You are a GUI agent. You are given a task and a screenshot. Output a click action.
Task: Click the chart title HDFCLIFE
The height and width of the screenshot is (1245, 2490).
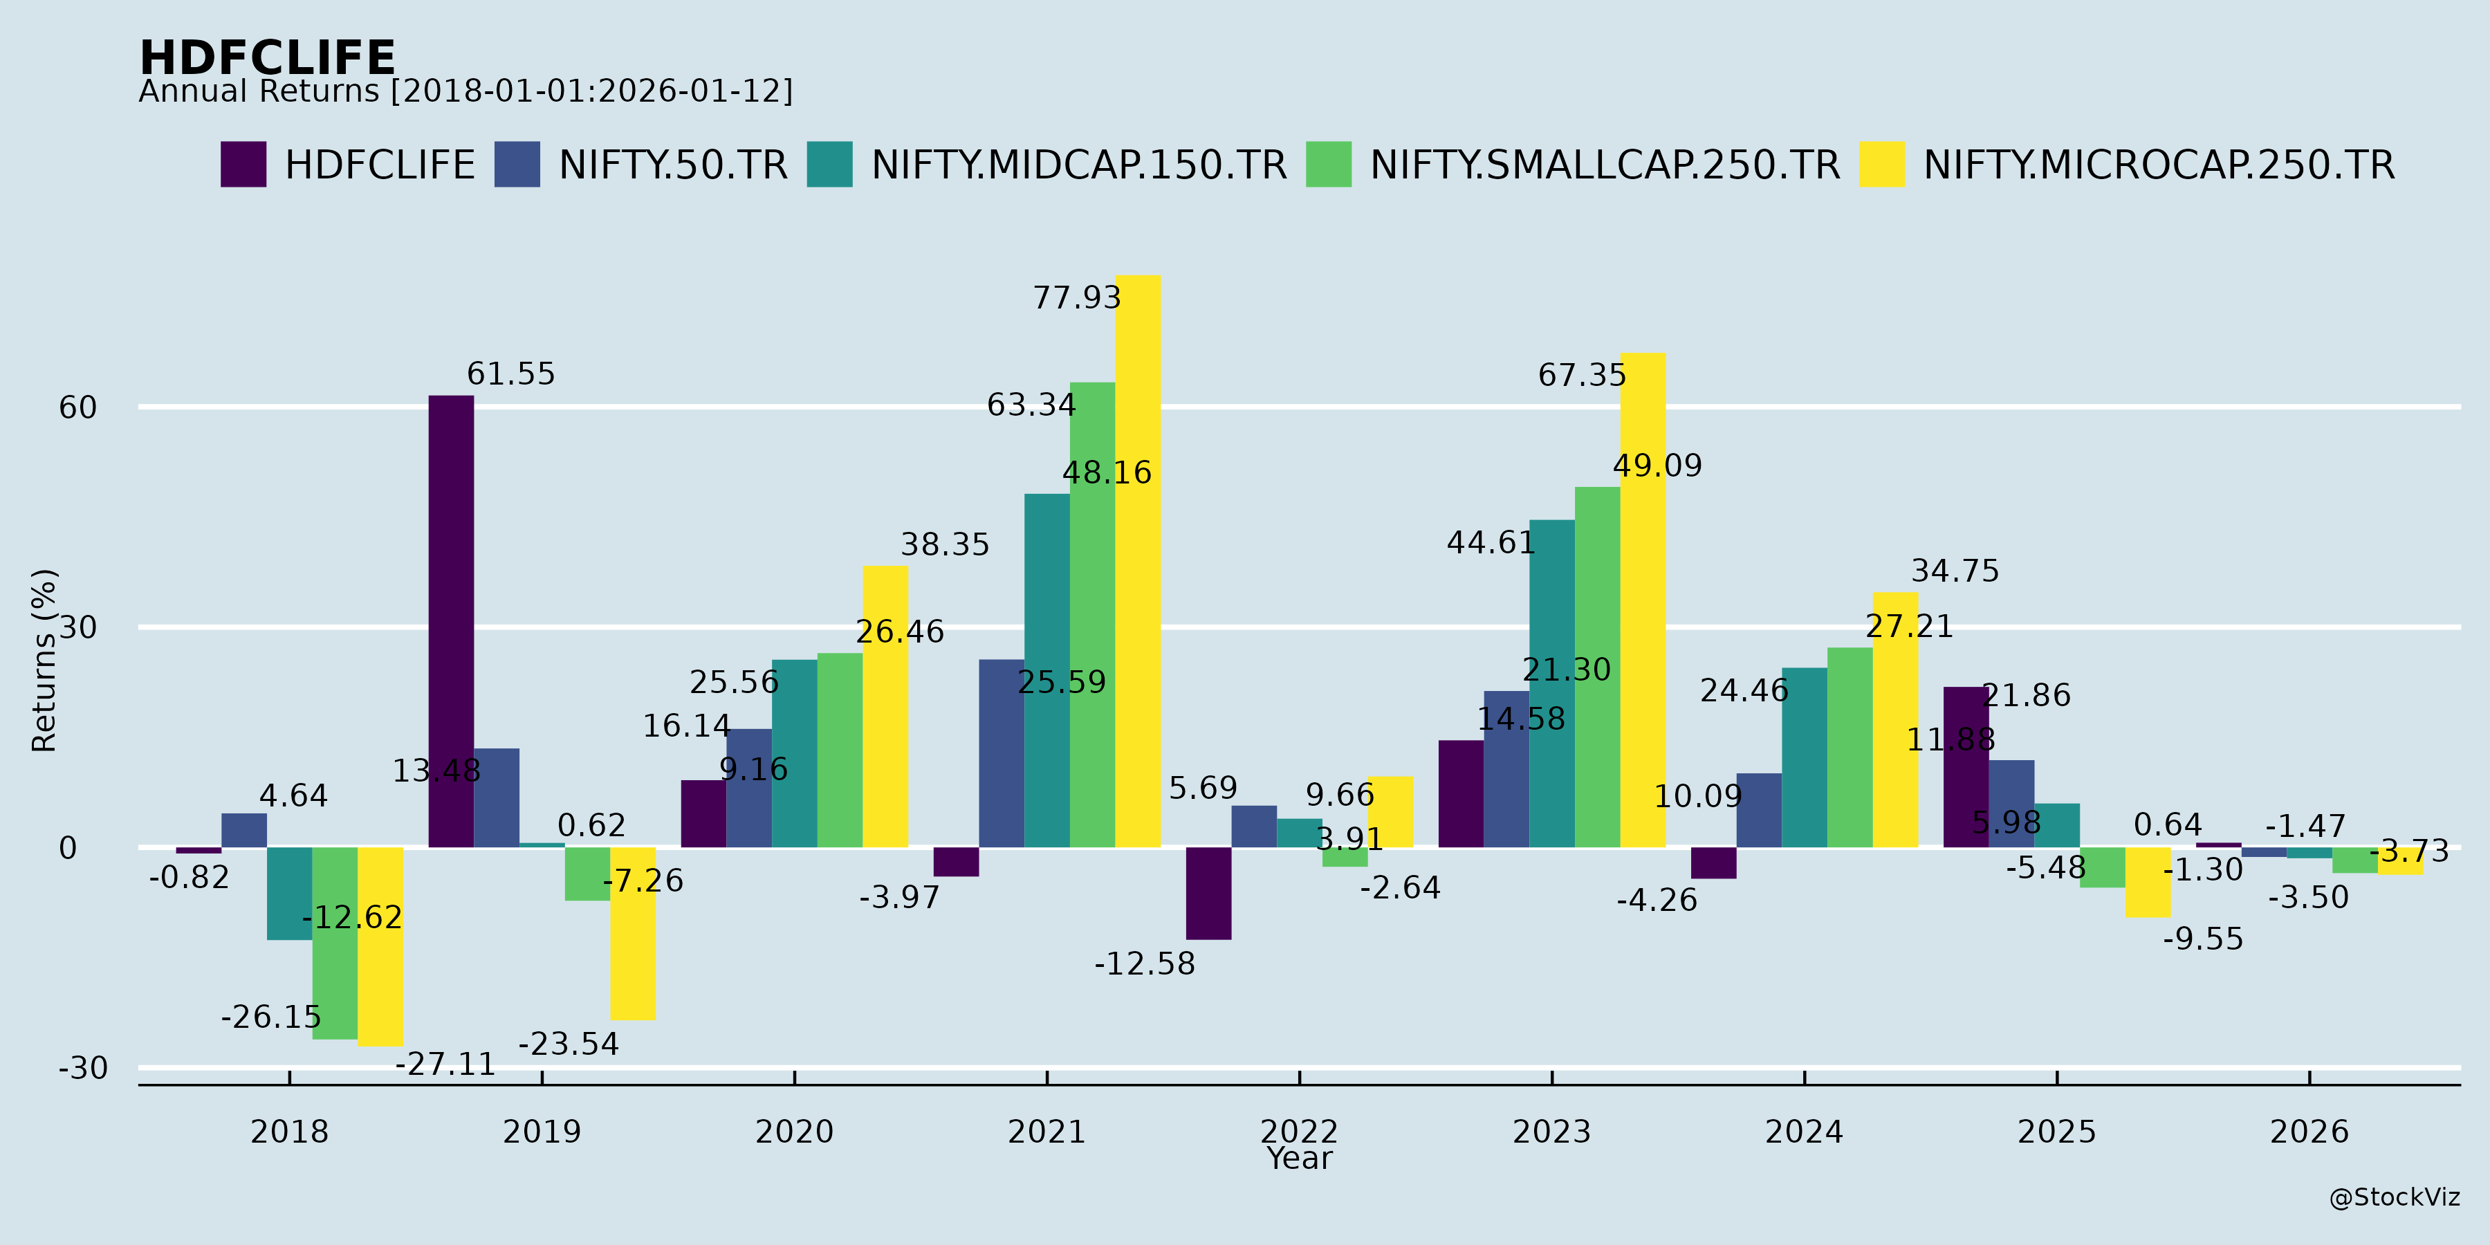tap(267, 58)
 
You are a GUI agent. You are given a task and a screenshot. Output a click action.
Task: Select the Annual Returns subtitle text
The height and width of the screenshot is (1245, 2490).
tap(465, 92)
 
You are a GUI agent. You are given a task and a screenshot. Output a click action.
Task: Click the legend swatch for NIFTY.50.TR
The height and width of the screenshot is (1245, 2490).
tap(517, 165)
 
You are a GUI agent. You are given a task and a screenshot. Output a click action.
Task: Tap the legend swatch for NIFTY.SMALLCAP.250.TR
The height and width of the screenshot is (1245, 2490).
tap(1328, 165)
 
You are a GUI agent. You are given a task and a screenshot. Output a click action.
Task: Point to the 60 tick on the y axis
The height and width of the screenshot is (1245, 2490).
tap(78, 408)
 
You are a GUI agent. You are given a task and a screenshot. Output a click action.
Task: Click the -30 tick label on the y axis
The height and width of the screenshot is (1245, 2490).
tap(83, 1068)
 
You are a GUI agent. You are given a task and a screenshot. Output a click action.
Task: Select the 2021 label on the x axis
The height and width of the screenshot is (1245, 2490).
tap(1047, 1132)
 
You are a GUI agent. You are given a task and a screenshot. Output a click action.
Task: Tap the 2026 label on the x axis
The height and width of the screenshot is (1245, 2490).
tap(2309, 1132)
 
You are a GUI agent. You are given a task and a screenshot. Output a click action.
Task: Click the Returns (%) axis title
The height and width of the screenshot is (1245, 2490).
tap(44, 661)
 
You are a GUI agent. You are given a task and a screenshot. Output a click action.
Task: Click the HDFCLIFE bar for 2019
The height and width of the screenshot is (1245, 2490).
tap(452, 622)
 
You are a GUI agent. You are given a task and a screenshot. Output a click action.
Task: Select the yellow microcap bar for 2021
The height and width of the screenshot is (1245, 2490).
tap(1138, 562)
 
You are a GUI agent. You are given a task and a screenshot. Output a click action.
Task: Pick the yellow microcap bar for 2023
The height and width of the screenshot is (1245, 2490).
tap(1643, 600)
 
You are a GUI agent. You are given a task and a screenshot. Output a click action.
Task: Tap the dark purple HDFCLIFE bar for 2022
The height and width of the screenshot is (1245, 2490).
tap(1208, 893)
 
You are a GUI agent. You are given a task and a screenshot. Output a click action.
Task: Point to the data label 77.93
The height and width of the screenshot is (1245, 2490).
tap(1077, 297)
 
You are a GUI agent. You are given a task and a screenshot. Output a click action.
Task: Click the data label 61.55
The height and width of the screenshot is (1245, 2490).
tap(510, 374)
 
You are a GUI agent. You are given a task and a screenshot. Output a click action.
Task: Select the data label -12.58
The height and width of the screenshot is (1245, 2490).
tap(1145, 963)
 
